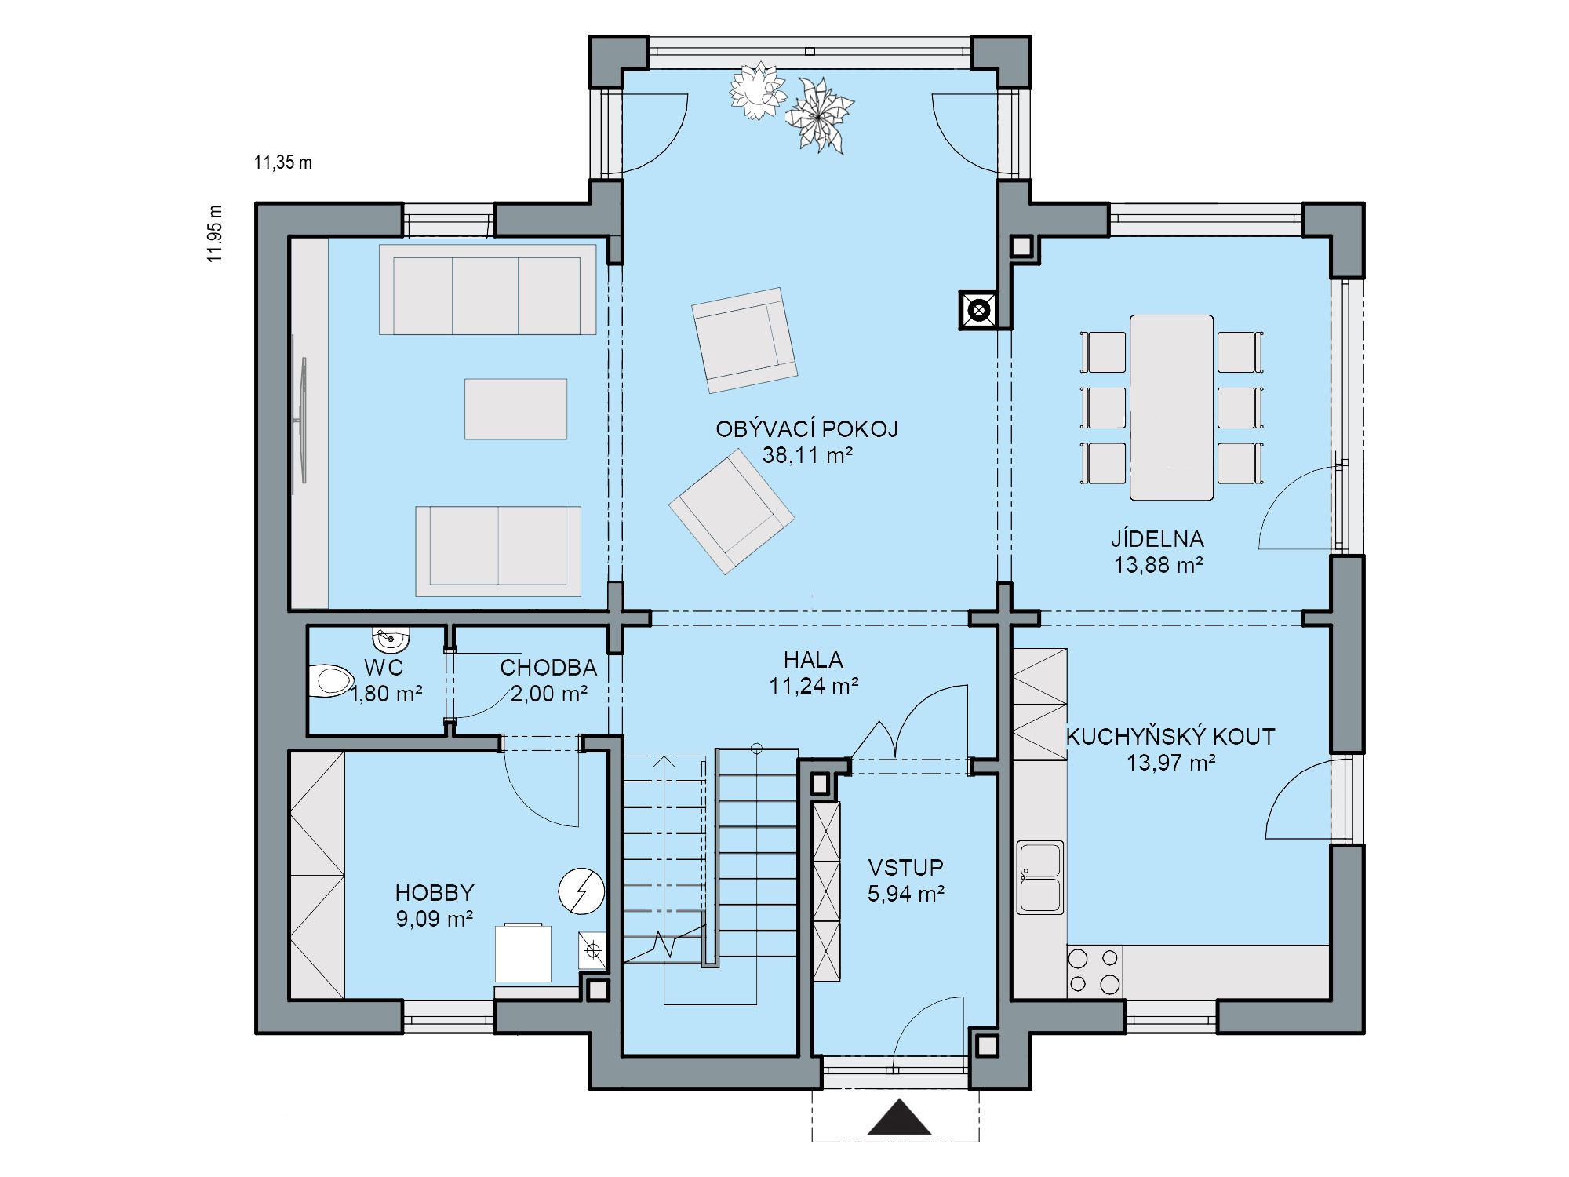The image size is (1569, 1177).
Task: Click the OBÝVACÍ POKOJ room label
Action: point(806,429)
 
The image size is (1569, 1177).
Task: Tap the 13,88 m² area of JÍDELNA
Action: point(1158,565)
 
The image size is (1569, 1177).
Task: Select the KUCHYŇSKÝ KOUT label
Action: point(1170,737)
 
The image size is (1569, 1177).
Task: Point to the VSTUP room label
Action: point(905,868)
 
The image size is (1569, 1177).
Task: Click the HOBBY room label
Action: point(435,893)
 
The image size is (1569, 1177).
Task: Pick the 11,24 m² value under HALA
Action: point(814,687)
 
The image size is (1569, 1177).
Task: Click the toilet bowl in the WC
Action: point(332,681)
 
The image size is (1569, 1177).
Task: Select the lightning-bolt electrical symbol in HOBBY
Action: point(581,891)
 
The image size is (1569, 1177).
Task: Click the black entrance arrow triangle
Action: point(899,1117)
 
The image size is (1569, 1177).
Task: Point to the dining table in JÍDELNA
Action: point(1171,407)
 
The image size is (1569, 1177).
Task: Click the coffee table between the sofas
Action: point(515,409)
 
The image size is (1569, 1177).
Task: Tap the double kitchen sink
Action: point(1040,877)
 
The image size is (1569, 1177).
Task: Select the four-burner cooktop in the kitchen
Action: point(1094,971)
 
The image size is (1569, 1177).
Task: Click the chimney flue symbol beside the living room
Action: point(979,311)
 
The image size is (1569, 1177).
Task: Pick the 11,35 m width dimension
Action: point(282,162)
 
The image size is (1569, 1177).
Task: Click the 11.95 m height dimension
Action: point(215,233)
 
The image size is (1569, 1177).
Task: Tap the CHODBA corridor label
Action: point(548,668)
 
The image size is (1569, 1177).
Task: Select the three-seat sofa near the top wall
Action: point(487,290)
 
